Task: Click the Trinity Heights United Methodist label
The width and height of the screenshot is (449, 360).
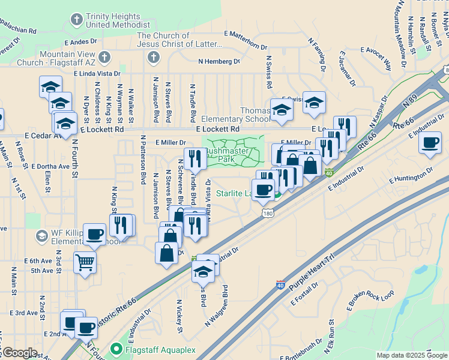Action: pyautogui.click(x=117, y=21)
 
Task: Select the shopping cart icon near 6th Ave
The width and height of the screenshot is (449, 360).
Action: pyautogui.click(x=85, y=262)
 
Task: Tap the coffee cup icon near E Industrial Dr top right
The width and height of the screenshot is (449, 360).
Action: pyautogui.click(x=430, y=143)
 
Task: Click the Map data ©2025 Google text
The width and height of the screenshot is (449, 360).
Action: pyautogui.click(x=412, y=355)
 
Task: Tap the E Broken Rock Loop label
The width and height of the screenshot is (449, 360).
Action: pyautogui.click(x=372, y=301)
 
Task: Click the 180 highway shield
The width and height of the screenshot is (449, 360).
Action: pyautogui.click(x=267, y=213)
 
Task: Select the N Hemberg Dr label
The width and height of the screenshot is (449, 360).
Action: pyautogui.click(x=223, y=61)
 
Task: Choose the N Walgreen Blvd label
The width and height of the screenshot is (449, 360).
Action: pyautogui.click(x=218, y=305)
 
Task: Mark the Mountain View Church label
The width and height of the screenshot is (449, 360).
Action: pyautogui.click(x=52, y=58)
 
